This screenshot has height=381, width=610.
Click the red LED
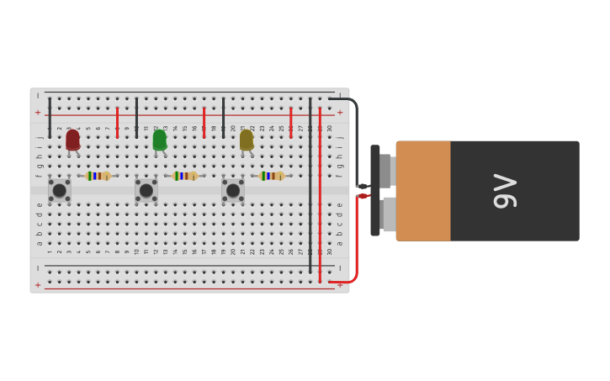tap(73, 140)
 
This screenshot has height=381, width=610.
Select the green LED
tap(160, 140)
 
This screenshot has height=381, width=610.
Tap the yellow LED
tap(247, 140)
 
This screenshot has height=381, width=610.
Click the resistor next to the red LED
tap(98, 176)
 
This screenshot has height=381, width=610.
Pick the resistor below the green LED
tap(184, 176)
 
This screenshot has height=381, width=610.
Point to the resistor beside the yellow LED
tap(271, 176)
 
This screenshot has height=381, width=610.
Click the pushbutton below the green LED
tap(146, 190)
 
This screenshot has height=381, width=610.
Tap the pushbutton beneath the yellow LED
tap(233, 190)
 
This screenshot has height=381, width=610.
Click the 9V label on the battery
tap(505, 191)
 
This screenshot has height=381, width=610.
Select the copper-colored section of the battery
tap(423, 191)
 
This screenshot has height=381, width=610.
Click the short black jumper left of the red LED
tap(50, 118)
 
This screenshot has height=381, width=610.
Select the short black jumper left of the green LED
tap(136, 118)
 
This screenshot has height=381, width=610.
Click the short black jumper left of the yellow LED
tap(223, 118)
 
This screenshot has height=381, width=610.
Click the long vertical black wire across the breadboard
tap(310, 185)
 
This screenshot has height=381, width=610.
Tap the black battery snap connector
tap(375, 191)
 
